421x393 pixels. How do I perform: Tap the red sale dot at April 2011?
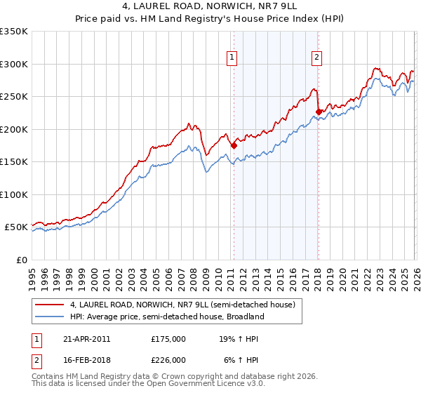(233, 145)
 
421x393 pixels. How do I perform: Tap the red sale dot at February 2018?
(318, 112)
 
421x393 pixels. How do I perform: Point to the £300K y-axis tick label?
(14, 64)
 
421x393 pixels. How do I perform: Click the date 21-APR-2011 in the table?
(84, 338)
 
